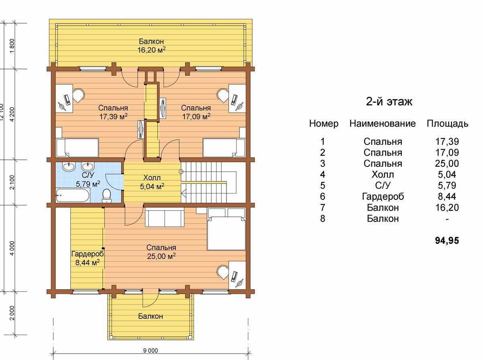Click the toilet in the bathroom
click(x=107, y=196)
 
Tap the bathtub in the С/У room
click(x=73, y=195)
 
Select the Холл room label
click(x=152, y=177)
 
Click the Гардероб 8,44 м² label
click(x=88, y=258)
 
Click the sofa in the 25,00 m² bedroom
click(x=165, y=218)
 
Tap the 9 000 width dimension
click(x=151, y=351)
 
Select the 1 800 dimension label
click(x=12, y=46)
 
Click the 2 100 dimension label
click(x=12, y=182)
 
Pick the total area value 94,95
click(x=447, y=241)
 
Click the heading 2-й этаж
click(x=389, y=102)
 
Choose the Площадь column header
click(x=447, y=124)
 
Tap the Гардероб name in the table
click(x=383, y=196)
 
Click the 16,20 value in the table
click(x=447, y=207)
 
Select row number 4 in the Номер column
click(x=323, y=175)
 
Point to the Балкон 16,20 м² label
click(x=151, y=46)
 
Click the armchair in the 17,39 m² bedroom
click(x=78, y=95)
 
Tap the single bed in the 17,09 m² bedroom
click(x=224, y=147)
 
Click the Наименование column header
click(x=382, y=124)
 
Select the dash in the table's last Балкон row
click(x=447, y=219)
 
